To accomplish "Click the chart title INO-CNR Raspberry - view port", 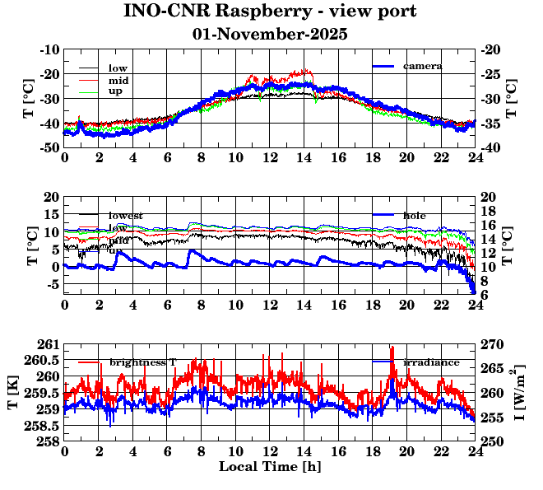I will click(270, 12).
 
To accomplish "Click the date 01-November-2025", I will click(270, 35).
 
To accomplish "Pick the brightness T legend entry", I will click(143, 362).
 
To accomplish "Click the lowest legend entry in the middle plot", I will click(125, 215).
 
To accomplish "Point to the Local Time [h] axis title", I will click(270, 466).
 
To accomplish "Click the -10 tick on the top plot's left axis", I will click(50, 49).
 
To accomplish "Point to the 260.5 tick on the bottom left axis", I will click(43, 360).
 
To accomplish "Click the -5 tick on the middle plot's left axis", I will click(53, 285).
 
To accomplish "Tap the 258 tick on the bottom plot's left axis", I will click(48, 441).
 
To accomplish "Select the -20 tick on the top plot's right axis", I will click(490, 49).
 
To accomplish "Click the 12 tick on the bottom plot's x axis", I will click(270, 451).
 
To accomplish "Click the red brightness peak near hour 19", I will click(392, 349).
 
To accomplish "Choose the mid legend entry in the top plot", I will click(118, 80).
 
